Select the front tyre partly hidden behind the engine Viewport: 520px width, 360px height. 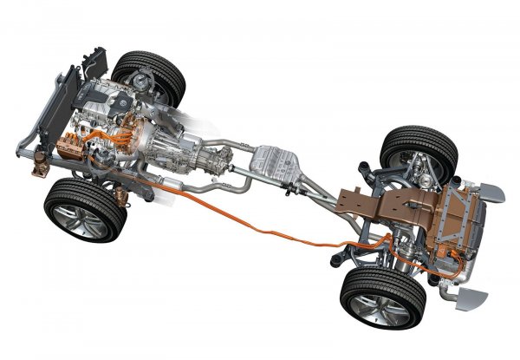(151, 76)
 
